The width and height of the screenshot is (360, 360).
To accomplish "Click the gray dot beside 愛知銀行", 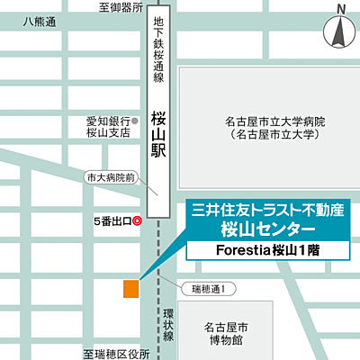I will (135, 121).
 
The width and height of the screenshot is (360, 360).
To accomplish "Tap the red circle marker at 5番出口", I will (137, 220).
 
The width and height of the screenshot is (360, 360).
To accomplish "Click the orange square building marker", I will (131, 288).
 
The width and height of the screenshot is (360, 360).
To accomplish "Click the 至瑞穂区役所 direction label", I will (116, 355).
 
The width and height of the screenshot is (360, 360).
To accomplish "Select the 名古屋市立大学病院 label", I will (263, 121).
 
